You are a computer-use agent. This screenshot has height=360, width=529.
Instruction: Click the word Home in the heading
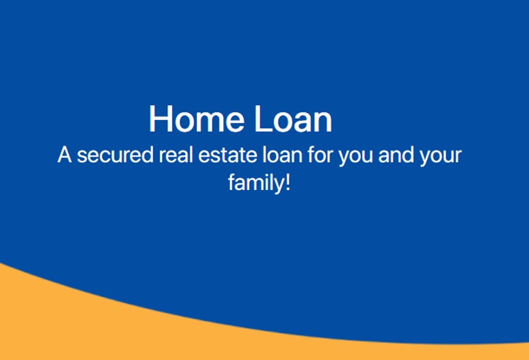click(197, 119)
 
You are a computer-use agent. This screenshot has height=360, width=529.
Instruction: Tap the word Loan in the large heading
click(293, 119)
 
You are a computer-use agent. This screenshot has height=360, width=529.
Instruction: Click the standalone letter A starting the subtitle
click(64, 155)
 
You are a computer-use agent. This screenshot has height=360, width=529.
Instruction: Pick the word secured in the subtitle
click(115, 155)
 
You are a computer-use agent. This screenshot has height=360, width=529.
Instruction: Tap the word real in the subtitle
click(176, 155)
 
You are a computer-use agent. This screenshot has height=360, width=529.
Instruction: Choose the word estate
click(227, 155)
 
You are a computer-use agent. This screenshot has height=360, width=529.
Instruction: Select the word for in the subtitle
click(320, 155)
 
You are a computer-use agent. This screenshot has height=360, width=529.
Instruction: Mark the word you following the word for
click(355, 157)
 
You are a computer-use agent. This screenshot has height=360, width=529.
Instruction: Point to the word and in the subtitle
click(396, 155)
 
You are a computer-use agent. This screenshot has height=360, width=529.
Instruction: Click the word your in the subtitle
click(440, 157)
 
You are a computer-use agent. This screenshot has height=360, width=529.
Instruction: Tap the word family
click(257, 184)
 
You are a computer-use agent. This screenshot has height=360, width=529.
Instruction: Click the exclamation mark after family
click(288, 183)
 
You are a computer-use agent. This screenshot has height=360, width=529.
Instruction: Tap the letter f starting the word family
click(231, 183)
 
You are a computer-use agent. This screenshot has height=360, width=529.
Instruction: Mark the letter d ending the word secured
click(147, 155)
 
